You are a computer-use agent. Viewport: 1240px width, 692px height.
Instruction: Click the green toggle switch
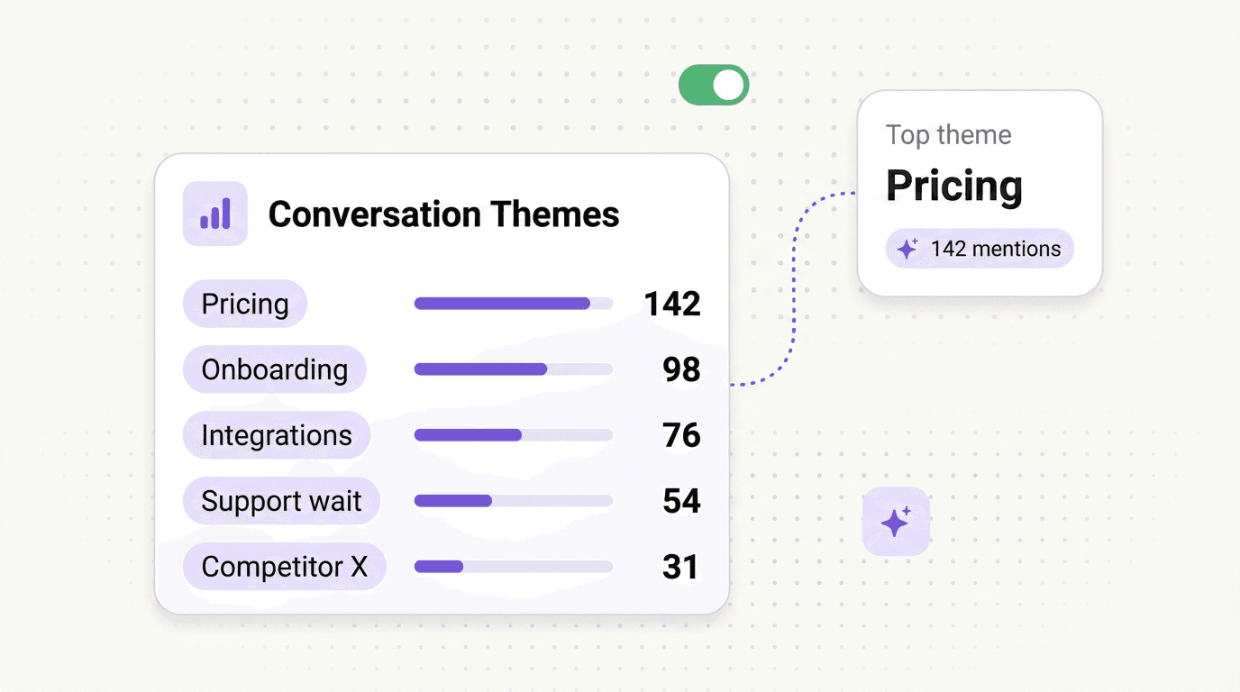[x=714, y=85]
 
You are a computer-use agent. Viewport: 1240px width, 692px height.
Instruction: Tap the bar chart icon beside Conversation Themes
[x=214, y=214]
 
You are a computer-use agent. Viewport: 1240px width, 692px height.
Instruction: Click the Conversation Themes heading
[x=443, y=214]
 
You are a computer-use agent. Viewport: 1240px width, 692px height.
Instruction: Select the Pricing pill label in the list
[x=245, y=304]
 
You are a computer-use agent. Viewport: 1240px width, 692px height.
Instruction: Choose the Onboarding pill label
[x=274, y=369]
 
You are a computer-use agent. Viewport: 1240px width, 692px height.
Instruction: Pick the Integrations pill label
[x=277, y=435]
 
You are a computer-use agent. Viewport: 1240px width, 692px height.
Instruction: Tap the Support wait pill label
[x=281, y=501]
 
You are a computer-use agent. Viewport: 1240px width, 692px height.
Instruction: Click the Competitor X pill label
[x=284, y=567]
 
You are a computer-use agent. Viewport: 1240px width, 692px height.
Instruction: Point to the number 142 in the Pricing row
[x=672, y=305]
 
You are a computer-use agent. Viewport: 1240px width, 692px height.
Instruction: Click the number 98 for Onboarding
[x=681, y=370]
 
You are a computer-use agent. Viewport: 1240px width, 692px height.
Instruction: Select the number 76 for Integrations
[x=681, y=436]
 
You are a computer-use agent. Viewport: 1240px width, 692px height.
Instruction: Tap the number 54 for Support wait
[x=681, y=502]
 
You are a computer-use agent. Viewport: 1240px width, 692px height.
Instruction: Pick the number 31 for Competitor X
[x=681, y=568]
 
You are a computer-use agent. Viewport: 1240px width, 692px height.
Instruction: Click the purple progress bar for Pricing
[x=502, y=304]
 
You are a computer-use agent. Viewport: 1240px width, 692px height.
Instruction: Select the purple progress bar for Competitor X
[x=439, y=567]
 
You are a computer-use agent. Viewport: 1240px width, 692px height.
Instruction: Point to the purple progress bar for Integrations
[x=468, y=435]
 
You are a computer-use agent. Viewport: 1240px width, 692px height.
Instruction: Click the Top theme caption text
[x=948, y=135]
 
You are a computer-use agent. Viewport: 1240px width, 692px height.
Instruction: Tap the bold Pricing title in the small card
[x=954, y=186]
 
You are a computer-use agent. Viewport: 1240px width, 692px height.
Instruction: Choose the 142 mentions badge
[x=980, y=249]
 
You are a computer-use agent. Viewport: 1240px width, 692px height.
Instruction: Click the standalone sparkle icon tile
[x=896, y=521]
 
